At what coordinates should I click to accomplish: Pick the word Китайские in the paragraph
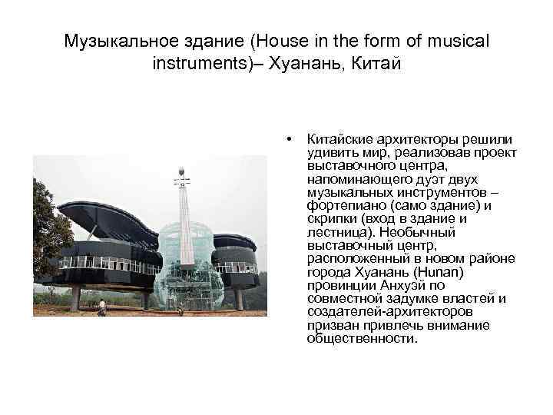tap(338, 139)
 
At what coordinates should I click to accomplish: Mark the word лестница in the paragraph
tap(334, 231)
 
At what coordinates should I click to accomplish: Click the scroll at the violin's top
tap(181, 171)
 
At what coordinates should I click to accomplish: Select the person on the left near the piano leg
tap(101, 306)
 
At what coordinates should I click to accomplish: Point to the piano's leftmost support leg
tap(75, 298)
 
